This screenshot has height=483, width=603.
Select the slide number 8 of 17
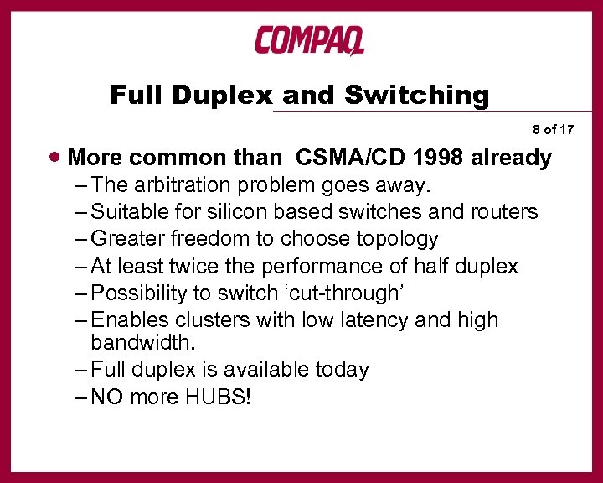[x=553, y=130]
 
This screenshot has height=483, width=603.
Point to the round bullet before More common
[x=54, y=157]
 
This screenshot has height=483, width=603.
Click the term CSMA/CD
[x=344, y=157]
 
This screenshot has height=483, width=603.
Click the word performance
[x=317, y=267]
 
